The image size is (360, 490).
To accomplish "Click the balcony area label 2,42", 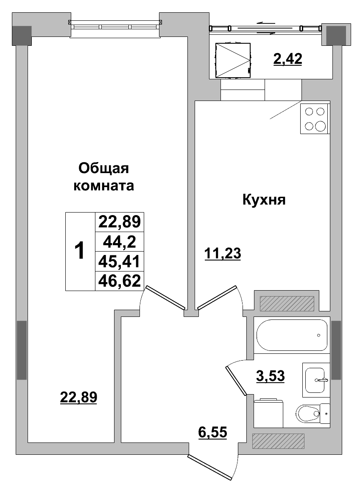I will click(287, 59).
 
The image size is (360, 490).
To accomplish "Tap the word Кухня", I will click(264, 199).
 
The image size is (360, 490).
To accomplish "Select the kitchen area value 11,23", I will click(222, 254).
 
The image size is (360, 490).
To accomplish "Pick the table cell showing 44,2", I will click(120, 242).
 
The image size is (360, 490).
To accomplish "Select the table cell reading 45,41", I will click(120, 261).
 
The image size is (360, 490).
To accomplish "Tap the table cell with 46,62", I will click(120, 280).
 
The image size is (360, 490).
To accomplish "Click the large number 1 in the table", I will click(80, 251).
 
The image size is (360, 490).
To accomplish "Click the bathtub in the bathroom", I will click(292, 335).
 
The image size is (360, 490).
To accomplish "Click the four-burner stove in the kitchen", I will click(315, 119).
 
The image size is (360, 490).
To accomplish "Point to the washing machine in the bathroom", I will click(268, 412).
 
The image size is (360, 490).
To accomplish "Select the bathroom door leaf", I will click(236, 381).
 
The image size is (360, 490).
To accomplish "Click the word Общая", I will click(104, 168).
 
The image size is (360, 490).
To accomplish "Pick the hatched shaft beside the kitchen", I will click(287, 303).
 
